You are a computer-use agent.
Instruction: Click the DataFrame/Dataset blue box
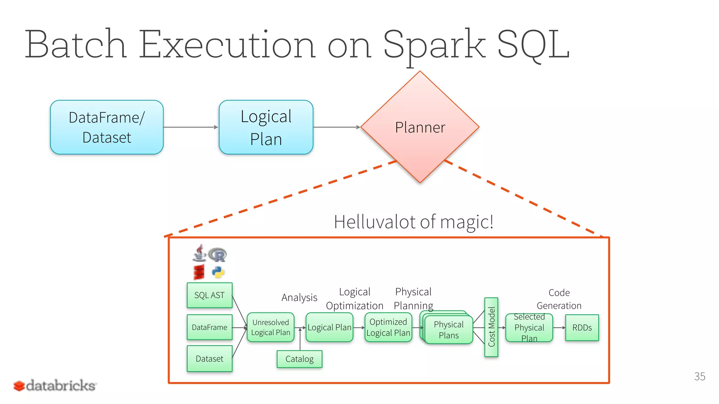[107, 127]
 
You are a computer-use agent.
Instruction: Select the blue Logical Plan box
[266, 127]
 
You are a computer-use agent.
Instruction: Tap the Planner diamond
[420, 127]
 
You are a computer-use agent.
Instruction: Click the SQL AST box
[209, 295]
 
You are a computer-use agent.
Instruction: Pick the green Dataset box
[209, 359]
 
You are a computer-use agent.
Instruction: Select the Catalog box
[299, 359]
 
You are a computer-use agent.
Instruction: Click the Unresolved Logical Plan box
[270, 328]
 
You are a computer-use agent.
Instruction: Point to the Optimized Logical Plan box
[388, 328]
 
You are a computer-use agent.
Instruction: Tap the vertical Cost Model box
[491, 327]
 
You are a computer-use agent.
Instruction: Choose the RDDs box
[582, 328]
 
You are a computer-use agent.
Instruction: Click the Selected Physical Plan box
[529, 328]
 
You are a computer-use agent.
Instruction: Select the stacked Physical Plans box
[449, 330]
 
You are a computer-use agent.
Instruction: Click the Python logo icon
[218, 272]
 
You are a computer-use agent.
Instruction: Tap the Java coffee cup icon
[199, 253]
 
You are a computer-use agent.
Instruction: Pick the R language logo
[218, 255]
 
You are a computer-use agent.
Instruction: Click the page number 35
[699, 377]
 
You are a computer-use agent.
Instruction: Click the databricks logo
[55, 385]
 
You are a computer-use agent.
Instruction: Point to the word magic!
[467, 222]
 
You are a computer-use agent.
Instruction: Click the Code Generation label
[559, 299]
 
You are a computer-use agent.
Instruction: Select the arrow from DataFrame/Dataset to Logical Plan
[191, 127]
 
